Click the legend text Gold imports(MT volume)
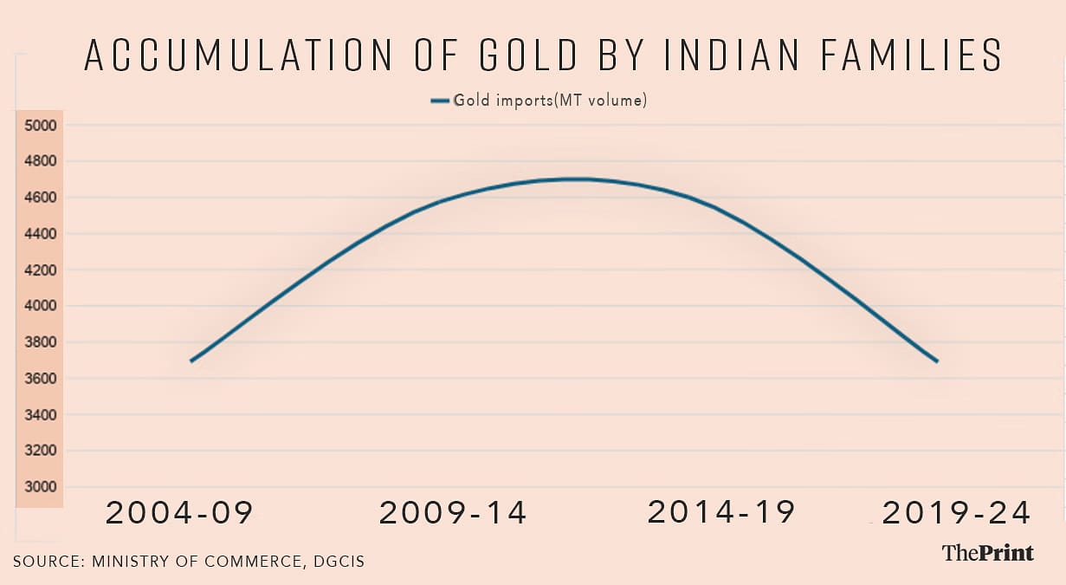[x=551, y=101]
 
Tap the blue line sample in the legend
[x=440, y=101]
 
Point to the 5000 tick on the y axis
[x=41, y=126]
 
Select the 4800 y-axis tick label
[x=41, y=161]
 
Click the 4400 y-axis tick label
[x=41, y=234]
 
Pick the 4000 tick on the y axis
[x=41, y=306]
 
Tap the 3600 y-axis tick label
[x=41, y=379]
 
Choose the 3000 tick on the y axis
[x=41, y=487]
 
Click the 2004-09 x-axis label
[x=179, y=513]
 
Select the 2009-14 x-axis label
[x=453, y=513]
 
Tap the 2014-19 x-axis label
[x=720, y=512]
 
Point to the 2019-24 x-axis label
[x=956, y=513]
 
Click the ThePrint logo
[x=987, y=552]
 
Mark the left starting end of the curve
[x=191, y=361]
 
